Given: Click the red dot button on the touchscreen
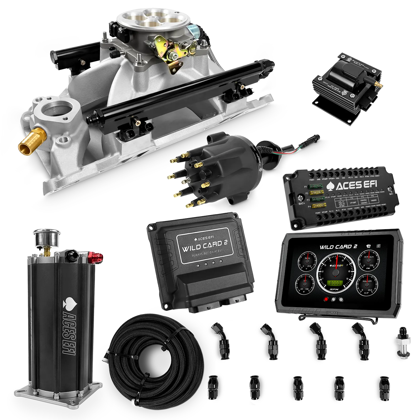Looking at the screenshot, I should pyautogui.click(x=326, y=299).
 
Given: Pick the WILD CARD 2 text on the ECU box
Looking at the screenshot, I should pyautogui.click(x=201, y=247).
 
